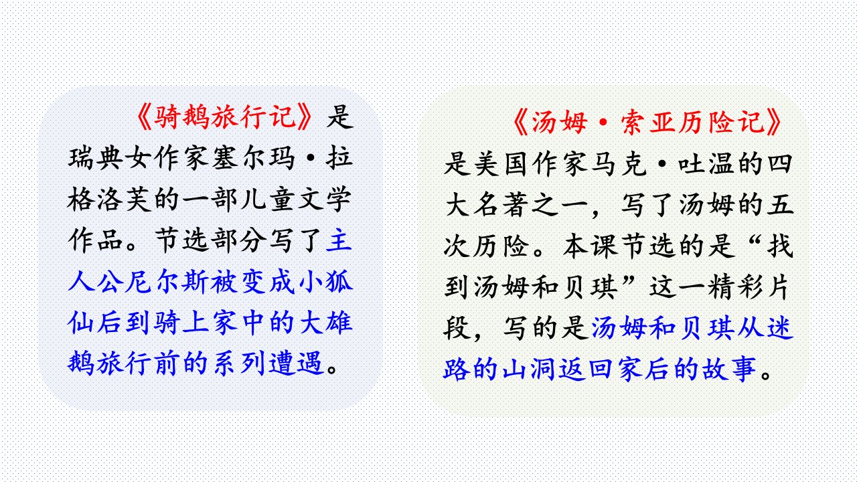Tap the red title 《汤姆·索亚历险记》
pos(647,123)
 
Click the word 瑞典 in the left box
pos(96,158)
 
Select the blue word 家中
pos(239,322)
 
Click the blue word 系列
pos(239,363)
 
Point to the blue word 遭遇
pos(296,363)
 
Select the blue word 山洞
pos(530,369)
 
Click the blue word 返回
pos(588,369)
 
